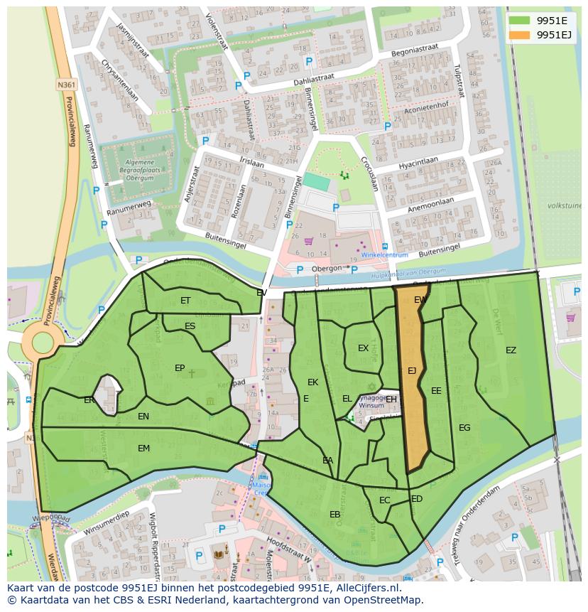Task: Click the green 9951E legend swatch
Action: click(519, 20)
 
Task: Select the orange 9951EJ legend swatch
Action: click(519, 34)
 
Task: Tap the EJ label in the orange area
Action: click(412, 370)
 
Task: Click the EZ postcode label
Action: click(511, 350)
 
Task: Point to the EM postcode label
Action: click(143, 448)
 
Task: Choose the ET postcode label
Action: click(185, 301)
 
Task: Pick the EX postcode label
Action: click(363, 348)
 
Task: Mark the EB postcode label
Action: click(334, 514)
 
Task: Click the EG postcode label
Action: click(464, 427)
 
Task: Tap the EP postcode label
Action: click(180, 367)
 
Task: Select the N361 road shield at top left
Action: click(66, 85)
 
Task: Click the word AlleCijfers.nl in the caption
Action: click(366, 588)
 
